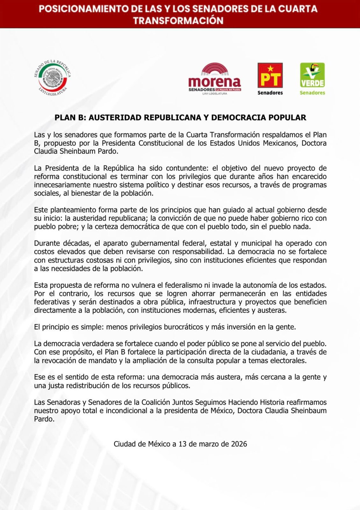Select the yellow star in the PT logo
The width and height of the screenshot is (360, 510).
270,68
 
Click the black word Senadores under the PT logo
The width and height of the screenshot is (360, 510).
270,93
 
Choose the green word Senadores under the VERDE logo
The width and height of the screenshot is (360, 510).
312,93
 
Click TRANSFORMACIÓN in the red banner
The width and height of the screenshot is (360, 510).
178,21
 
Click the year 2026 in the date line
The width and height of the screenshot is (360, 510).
239,444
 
